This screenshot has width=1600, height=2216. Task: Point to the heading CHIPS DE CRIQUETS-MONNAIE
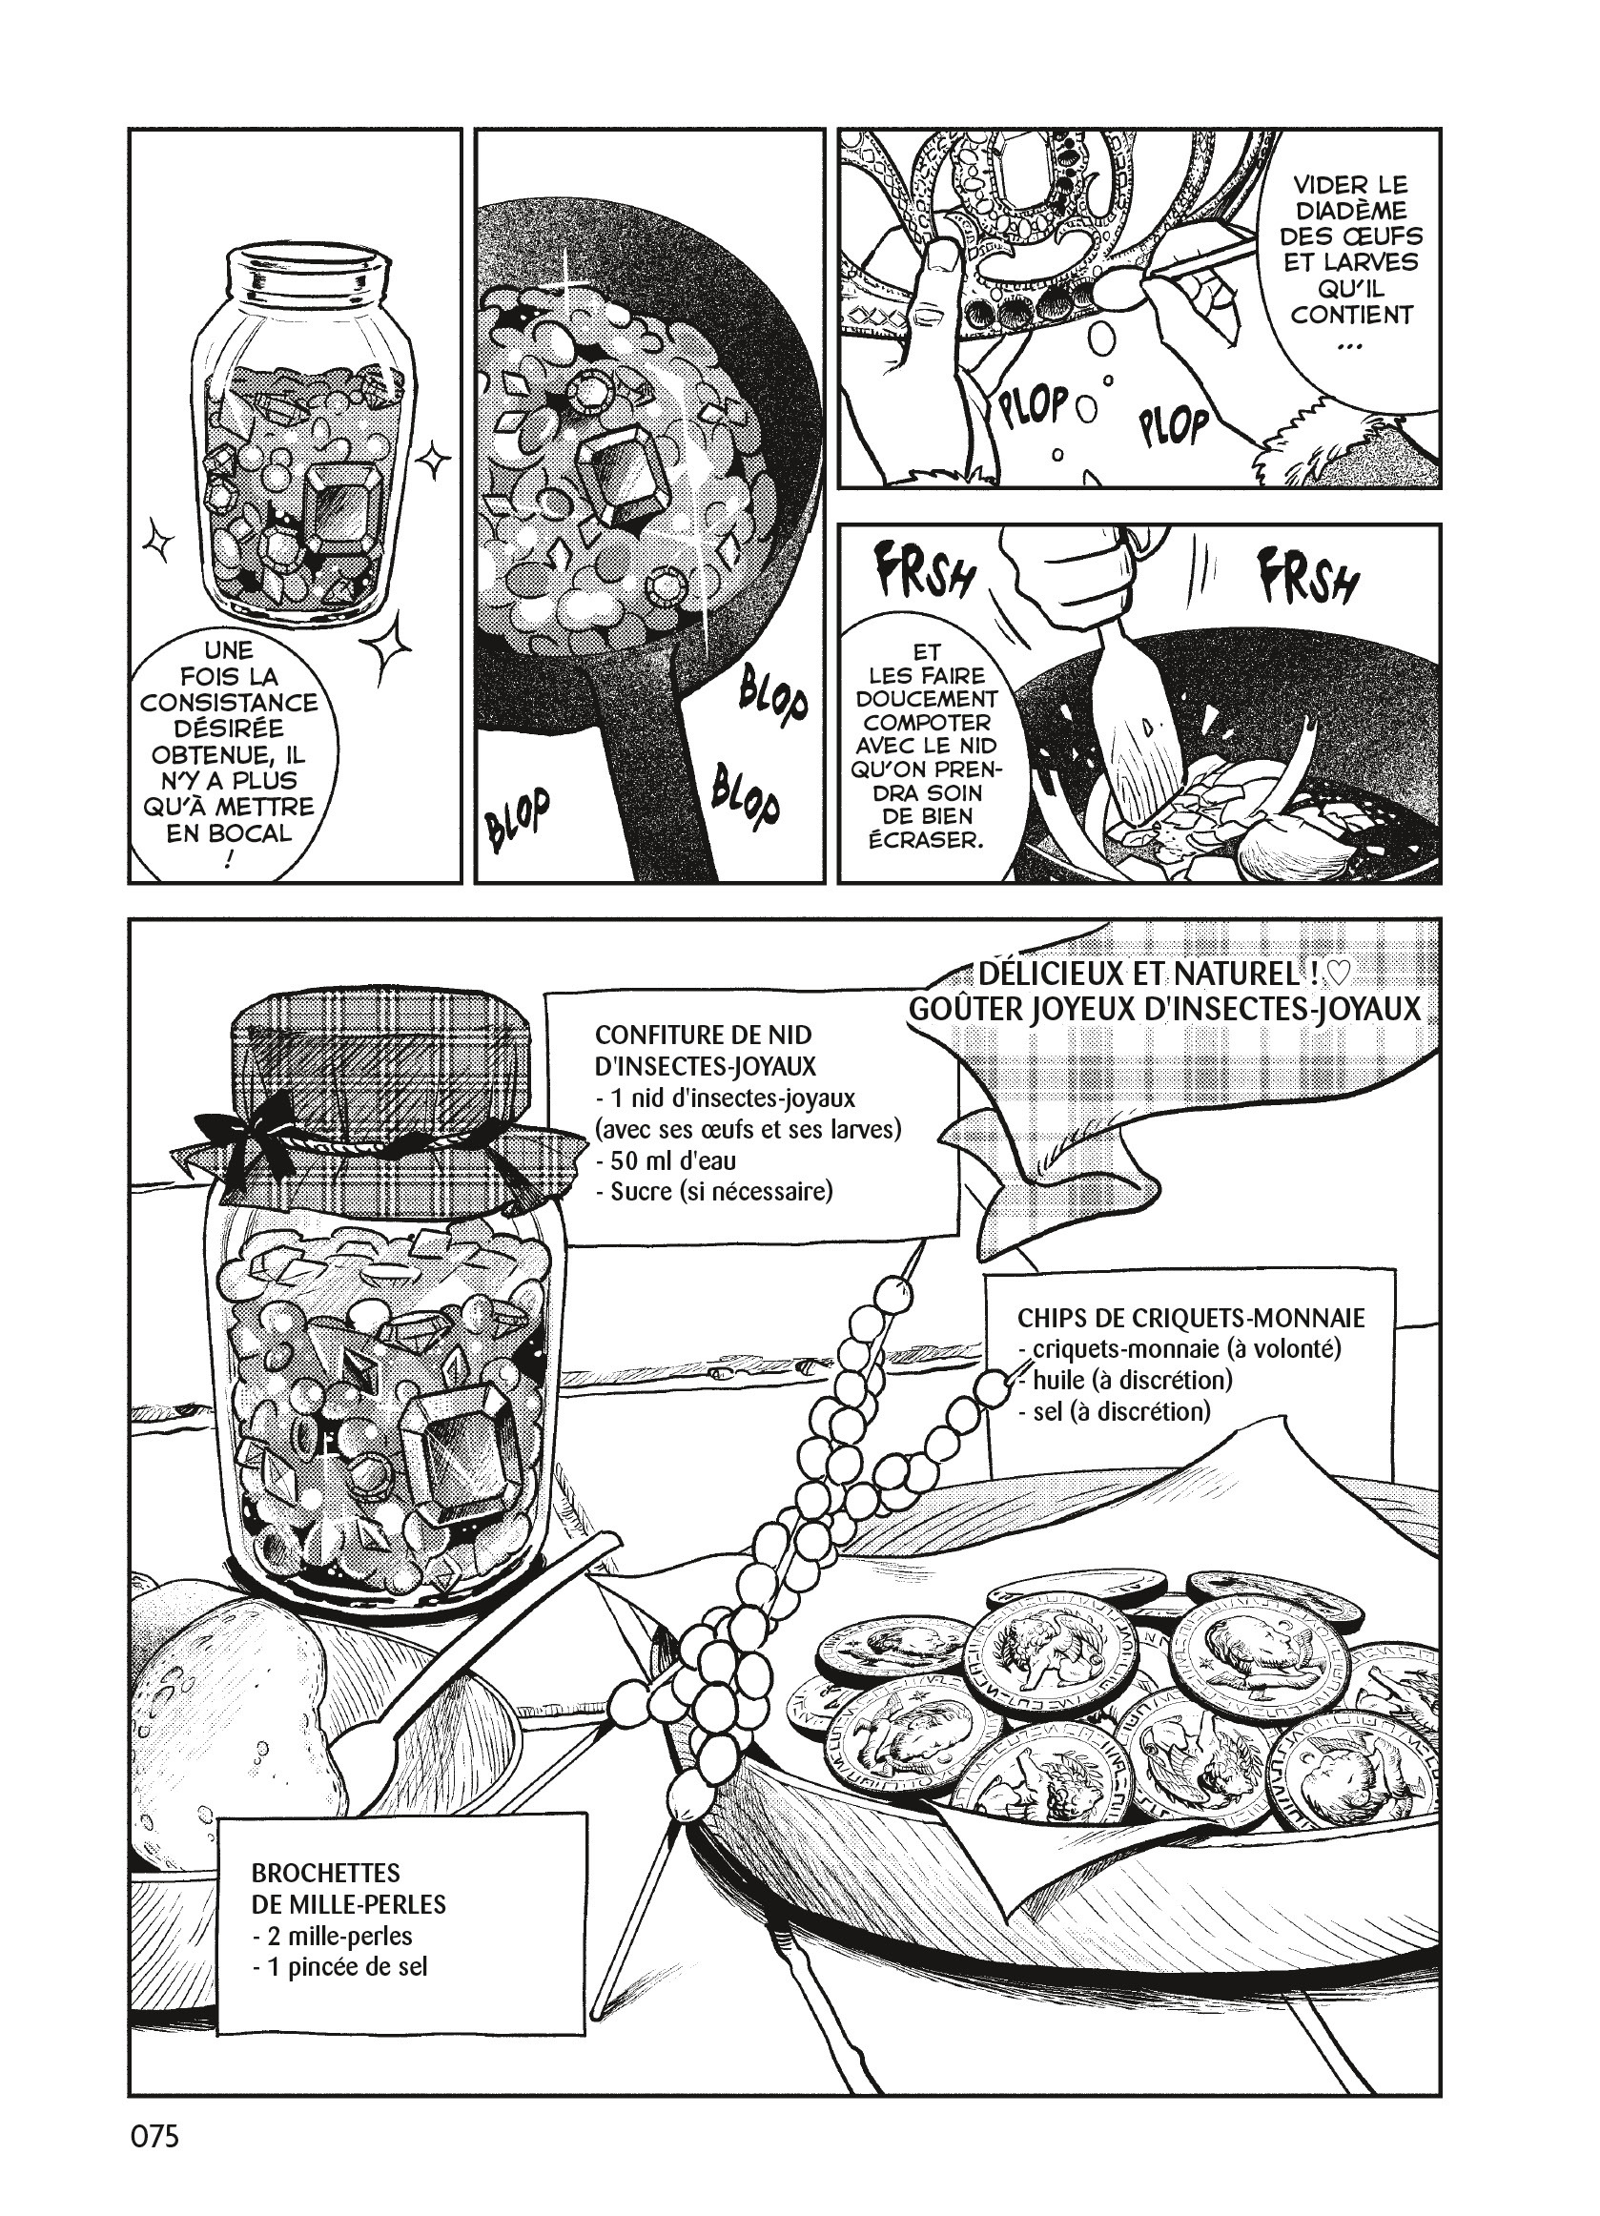[1191, 1317]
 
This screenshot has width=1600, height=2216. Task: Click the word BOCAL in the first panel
[230, 833]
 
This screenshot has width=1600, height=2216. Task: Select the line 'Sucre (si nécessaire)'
[713, 1192]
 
